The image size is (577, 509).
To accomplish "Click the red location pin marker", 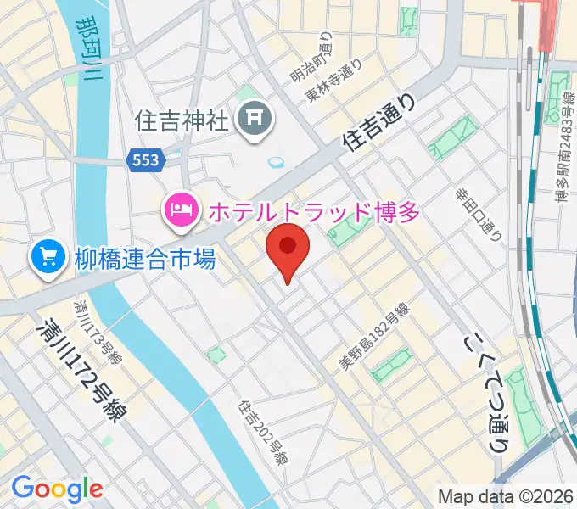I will click(288, 248).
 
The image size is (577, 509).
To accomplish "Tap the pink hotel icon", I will click(179, 209).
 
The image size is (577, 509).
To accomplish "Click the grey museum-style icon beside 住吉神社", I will click(254, 120).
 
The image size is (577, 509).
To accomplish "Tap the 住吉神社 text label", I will click(182, 120).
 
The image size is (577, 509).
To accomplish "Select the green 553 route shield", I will click(145, 160).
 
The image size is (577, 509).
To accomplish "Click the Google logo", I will click(57, 489).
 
